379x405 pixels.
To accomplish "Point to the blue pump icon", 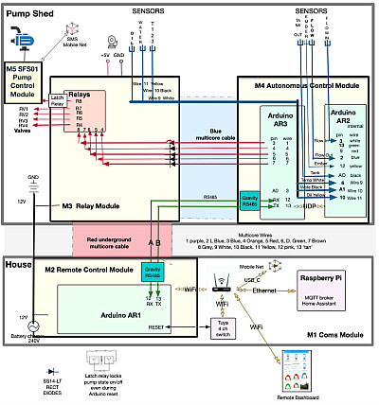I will pyautogui.click(x=22, y=39).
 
